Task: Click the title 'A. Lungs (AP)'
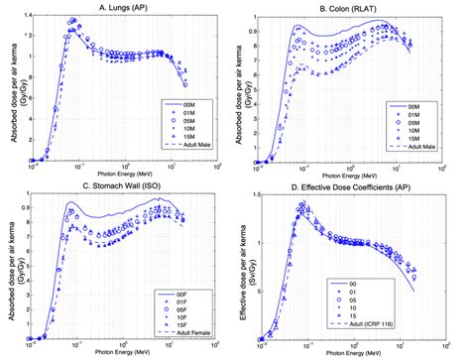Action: click(x=119, y=7)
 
